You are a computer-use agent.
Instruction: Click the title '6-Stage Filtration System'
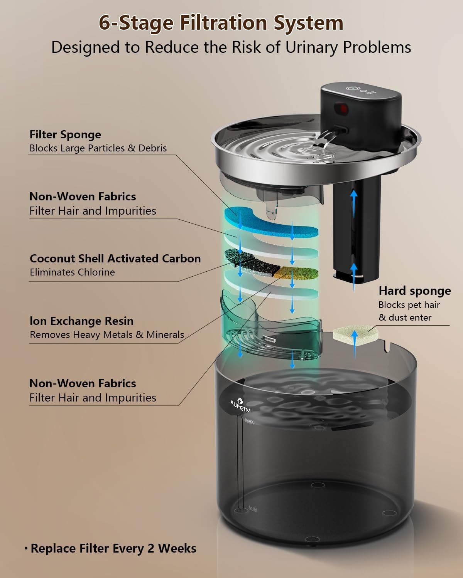click(221, 23)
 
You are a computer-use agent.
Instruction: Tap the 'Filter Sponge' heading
click(65, 134)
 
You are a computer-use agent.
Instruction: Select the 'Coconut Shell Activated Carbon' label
click(115, 259)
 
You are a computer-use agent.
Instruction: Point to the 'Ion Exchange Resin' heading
click(81, 321)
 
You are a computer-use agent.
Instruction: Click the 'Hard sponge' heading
click(414, 291)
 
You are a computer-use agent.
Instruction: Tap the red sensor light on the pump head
click(343, 109)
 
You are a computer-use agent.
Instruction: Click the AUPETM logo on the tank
click(240, 406)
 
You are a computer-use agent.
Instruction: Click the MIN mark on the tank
click(253, 508)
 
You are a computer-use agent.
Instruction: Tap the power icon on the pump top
click(351, 88)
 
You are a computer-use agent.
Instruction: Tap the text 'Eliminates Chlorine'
click(73, 272)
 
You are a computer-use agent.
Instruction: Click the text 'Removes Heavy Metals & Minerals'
click(107, 334)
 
